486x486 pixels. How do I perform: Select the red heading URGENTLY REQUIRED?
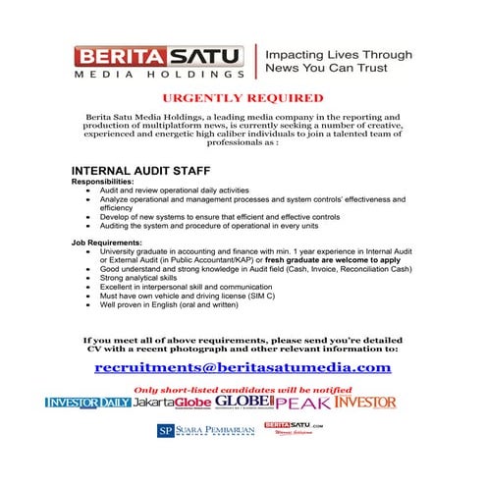[x=243, y=99]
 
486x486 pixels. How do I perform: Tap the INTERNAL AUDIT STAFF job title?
[x=140, y=171]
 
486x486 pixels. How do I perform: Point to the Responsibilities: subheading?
[x=106, y=183]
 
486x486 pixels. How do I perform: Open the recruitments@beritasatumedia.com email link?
[x=243, y=367]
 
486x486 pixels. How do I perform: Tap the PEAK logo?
[x=302, y=403]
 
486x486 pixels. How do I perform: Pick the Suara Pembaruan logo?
[x=205, y=431]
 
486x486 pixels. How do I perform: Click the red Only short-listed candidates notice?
[x=243, y=388]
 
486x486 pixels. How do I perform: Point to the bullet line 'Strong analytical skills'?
[x=138, y=277]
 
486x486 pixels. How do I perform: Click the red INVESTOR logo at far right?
[x=365, y=403]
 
